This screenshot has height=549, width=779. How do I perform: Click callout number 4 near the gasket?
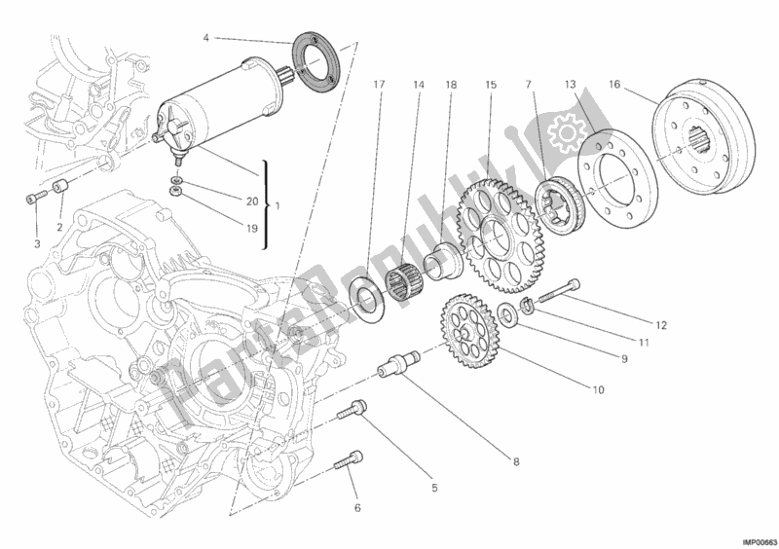coord(206,38)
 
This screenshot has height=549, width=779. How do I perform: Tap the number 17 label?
coord(378,85)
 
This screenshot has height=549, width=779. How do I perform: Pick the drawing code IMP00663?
coord(757,540)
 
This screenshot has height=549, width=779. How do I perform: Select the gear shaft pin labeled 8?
coord(400,368)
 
